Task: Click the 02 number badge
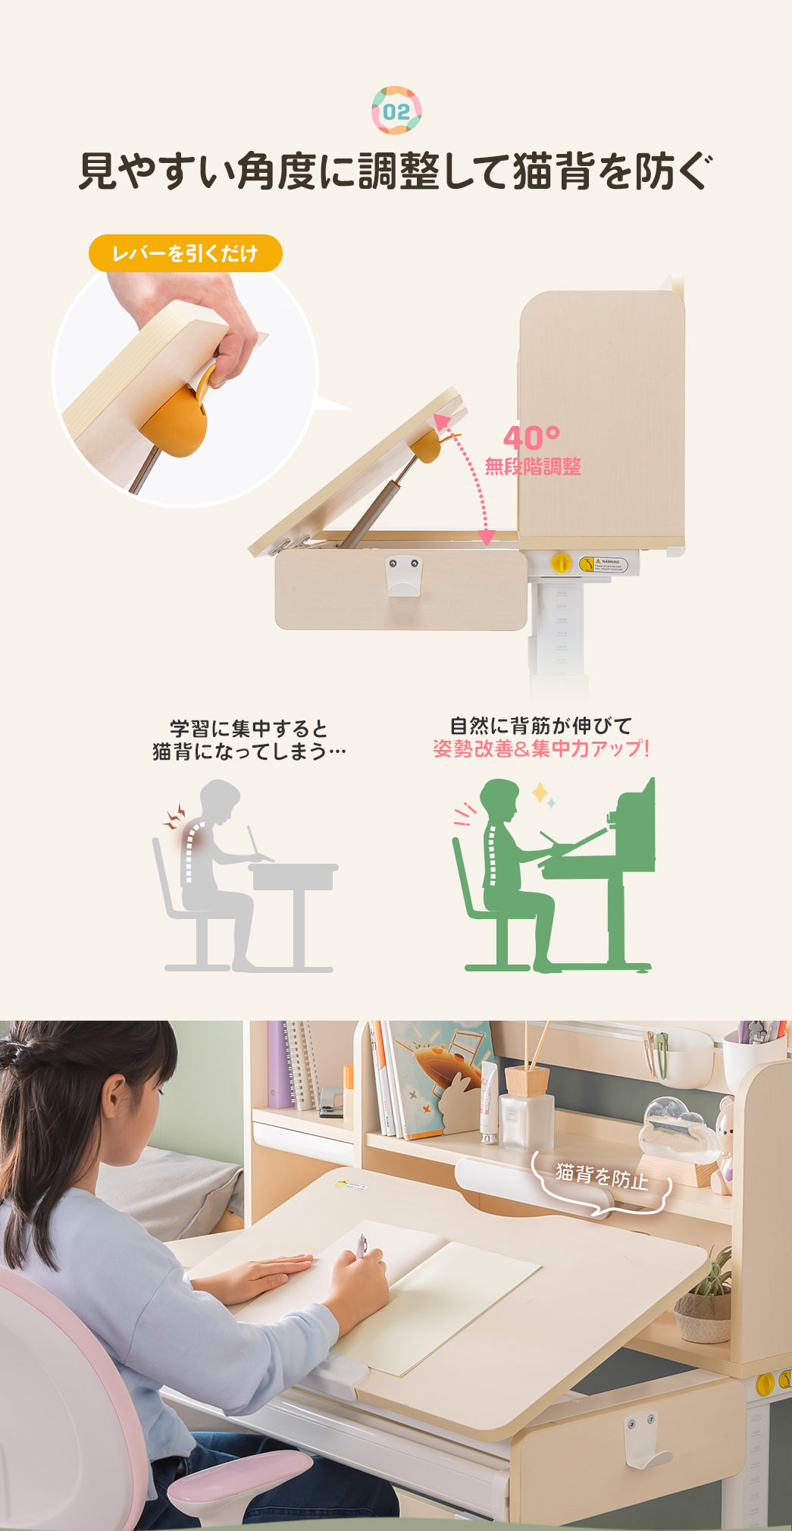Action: coord(396,111)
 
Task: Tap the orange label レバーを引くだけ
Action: coord(186,253)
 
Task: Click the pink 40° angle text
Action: coord(531,438)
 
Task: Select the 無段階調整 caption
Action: coord(533,466)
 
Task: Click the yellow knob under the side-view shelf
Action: coord(560,562)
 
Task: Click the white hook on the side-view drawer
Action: coord(403,576)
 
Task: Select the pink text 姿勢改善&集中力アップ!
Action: coord(541,749)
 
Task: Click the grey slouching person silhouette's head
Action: coord(221,801)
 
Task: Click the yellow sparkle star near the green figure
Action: coord(540,793)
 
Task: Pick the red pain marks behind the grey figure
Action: coord(175,817)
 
